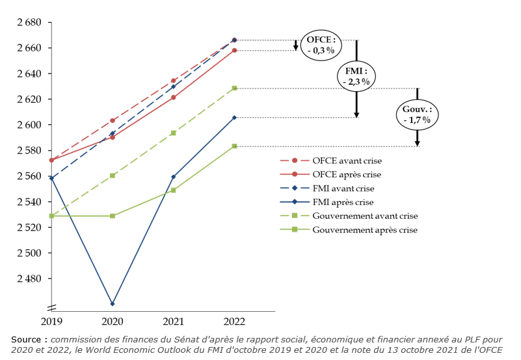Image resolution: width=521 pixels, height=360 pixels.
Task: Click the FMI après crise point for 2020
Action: point(113,304)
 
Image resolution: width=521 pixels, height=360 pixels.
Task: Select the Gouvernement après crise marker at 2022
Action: point(234,146)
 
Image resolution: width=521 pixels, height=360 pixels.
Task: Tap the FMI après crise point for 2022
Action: point(234,118)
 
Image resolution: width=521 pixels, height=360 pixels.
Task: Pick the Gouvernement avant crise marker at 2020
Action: point(113,176)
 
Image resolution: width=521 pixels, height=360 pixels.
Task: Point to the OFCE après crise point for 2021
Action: point(174,98)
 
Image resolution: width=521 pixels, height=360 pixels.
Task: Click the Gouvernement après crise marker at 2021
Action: point(174,190)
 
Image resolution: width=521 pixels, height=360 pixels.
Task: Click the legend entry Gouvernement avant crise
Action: point(365,215)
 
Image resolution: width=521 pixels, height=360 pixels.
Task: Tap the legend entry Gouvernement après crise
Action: point(364,230)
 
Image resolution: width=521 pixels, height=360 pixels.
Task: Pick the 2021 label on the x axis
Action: point(174,322)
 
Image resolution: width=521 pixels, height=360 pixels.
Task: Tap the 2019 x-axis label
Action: point(52,322)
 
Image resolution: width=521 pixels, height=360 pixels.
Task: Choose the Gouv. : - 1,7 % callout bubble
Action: point(417,115)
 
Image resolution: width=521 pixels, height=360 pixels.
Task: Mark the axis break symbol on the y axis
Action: point(51,307)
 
